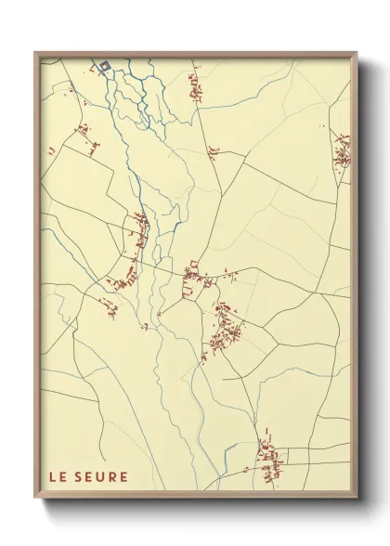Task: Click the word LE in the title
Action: click(58, 477)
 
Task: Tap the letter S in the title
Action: click(80, 477)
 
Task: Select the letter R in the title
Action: click(112, 477)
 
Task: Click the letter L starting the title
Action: click(53, 477)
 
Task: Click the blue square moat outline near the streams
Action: click(105, 65)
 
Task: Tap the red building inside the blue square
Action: click(105, 65)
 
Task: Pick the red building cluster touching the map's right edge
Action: click(342, 149)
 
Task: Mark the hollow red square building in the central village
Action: click(194, 265)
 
